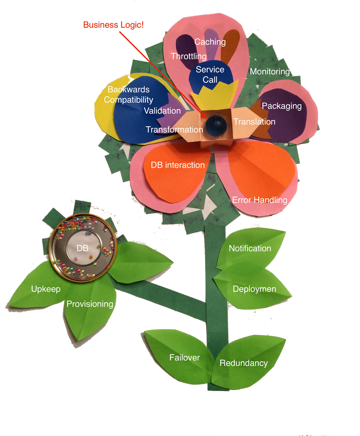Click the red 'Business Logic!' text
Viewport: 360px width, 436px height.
point(113,25)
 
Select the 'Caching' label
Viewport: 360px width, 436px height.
point(210,42)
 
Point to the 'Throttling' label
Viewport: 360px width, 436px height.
point(189,56)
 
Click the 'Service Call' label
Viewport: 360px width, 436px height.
point(210,75)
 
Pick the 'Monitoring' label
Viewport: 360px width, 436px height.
point(270,72)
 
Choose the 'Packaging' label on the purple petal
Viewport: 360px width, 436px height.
point(281,106)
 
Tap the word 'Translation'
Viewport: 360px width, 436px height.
point(254,122)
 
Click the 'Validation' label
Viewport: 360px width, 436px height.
point(162,111)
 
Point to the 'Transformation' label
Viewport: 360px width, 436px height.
point(174,130)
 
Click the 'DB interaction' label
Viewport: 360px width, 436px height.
point(177,165)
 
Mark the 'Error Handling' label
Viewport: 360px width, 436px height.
point(260,200)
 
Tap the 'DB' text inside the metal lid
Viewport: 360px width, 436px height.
point(82,248)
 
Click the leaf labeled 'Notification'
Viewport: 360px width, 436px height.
point(250,249)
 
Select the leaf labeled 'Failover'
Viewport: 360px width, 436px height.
point(184,358)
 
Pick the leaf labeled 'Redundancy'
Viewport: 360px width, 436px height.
point(243,363)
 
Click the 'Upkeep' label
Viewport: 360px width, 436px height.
point(46,289)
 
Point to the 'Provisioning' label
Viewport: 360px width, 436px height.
point(90,304)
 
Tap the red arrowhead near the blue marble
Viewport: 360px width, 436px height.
point(204,115)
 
